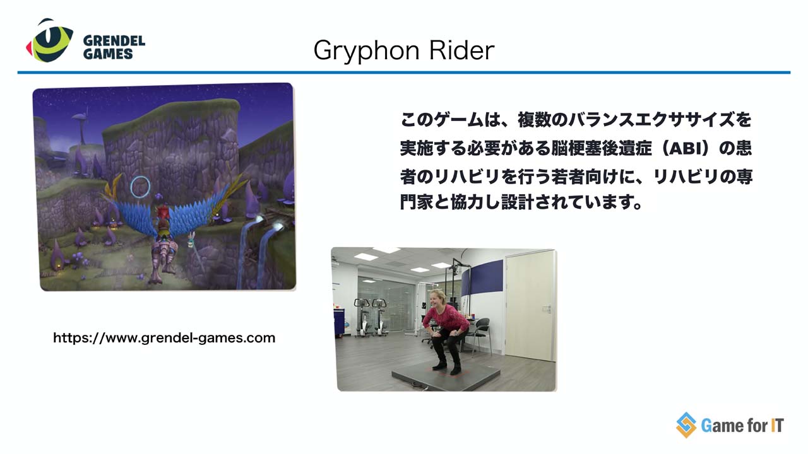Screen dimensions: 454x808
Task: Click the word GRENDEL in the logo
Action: click(114, 41)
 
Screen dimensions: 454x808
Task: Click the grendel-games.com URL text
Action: click(164, 338)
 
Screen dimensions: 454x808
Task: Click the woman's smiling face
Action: click(437, 298)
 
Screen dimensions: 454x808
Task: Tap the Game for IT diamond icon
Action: click(686, 425)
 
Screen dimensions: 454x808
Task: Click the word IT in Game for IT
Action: click(776, 426)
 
